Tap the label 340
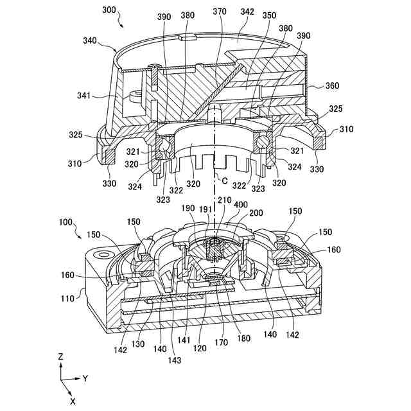click(x=91, y=40)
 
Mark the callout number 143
click(x=175, y=360)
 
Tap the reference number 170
click(x=221, y=343)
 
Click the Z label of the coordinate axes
click(x=60, y=356)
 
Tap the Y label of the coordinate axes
click(x=85, y=378)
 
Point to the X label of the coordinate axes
click(x=73, y=401)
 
